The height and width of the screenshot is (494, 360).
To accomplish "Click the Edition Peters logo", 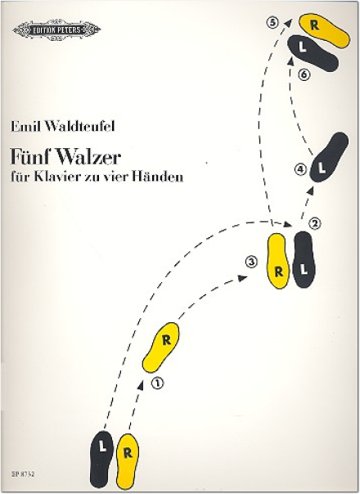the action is point(56,30).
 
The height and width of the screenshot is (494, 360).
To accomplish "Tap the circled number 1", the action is point(158,383).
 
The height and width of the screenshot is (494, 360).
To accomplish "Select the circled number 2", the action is point(315,223).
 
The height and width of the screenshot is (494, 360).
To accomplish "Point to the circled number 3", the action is point(251,262).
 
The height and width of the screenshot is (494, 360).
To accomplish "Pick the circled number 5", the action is point(272,23).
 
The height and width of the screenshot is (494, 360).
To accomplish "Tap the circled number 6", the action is point(304,74).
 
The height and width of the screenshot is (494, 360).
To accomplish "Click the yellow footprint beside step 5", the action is point(324,31).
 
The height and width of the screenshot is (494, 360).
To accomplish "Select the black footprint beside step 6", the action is point(313,53).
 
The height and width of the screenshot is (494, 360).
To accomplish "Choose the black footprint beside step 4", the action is point(328,157).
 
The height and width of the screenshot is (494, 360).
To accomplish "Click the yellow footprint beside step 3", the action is point(278,261).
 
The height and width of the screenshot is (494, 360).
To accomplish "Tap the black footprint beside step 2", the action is point(304,259).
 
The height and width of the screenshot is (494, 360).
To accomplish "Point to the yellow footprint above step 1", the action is point(161,348).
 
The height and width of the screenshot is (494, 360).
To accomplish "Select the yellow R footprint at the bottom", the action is point(128,461).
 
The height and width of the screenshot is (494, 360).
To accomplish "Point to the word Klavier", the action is point(55,177).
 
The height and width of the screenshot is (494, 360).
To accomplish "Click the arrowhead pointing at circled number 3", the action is point(242,278).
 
